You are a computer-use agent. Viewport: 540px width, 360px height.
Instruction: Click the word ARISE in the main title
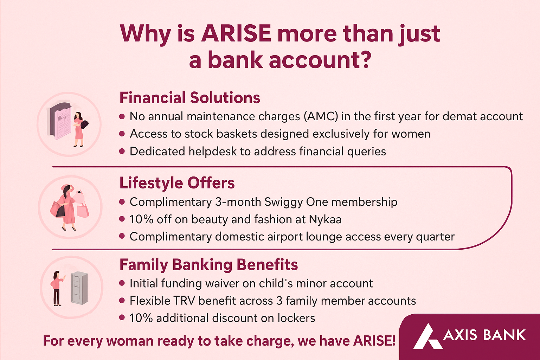(236, 33)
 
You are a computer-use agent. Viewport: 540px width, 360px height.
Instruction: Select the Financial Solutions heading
(190, 98)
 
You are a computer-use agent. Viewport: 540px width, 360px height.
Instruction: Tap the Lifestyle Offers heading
(177, 183)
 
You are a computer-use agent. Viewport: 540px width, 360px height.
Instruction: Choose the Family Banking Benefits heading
(209, 265)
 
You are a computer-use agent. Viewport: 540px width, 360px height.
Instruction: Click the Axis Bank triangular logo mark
(427, 336)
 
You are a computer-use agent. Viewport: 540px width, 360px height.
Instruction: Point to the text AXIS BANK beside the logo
(484, 335)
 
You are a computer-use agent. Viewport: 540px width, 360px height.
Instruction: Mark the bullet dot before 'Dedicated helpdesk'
(122, 152)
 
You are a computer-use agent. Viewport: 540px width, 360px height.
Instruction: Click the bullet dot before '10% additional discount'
(122, 317)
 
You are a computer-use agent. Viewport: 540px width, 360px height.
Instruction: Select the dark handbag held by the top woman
(84, 124)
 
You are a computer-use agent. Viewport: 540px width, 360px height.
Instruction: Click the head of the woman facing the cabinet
(56, 274)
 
